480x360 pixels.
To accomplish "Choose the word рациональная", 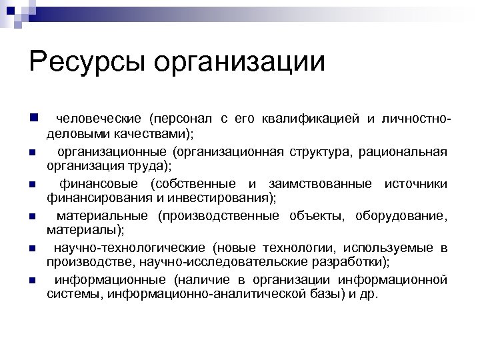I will [x=403, y=151].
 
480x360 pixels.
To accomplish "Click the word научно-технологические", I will [x=130, y=248].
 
